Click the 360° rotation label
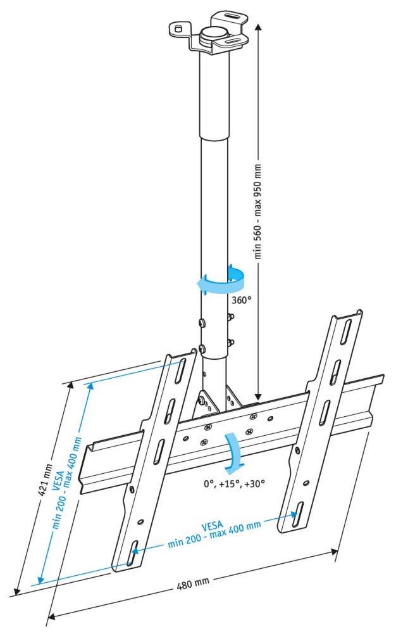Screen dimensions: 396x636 click(x=242, y=300)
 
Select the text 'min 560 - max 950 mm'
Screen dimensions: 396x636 click(x=258, y=211)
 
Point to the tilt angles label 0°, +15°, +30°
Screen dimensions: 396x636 click(x=235, y=483)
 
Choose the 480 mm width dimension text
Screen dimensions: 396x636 click(x=193, y=584)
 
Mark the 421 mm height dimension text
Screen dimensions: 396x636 click(x=43, y=481)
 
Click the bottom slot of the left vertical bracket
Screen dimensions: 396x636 click(x=132, y=553)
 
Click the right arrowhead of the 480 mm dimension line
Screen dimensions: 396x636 click(x=333, y=552)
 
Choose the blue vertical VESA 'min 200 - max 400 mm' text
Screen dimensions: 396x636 click(x=67, y=483)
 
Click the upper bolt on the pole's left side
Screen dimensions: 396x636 click(x=202, y=323)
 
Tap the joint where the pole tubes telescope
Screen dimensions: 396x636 click(x=214, y=139)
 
